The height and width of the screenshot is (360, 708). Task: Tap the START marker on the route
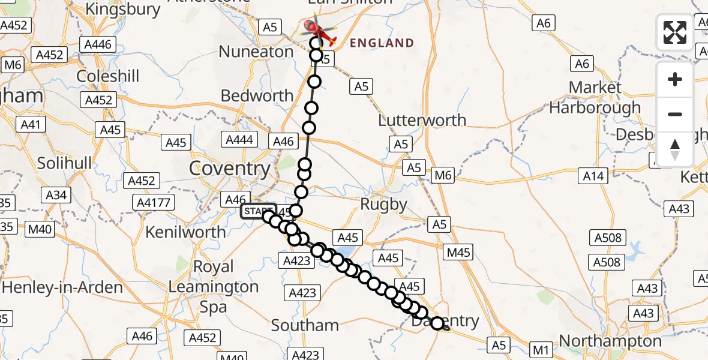[258, 211]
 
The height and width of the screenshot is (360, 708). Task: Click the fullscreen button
[675, 32]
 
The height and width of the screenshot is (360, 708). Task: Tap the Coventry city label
[230, 169]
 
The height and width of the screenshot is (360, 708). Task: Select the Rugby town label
[384, 205]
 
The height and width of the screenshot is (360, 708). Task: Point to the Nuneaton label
[256, 52]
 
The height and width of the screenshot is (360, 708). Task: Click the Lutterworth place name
[422, 120]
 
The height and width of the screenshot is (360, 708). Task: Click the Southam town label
[305, 326]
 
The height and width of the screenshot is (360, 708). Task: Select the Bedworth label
[257, 95]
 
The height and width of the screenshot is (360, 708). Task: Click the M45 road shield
[458, 252]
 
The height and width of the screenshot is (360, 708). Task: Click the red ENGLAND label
[382, 43]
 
